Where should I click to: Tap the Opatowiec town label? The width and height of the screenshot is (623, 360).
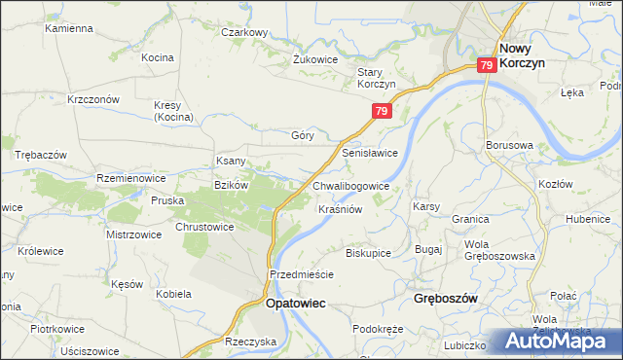click(295, 304)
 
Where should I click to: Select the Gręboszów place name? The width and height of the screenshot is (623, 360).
click(445, 299)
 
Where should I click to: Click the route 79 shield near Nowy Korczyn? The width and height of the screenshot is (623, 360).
click(488, 65)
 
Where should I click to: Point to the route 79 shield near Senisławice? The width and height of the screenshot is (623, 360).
click(381, 113)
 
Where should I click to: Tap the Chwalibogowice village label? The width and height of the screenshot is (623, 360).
click(351, 185)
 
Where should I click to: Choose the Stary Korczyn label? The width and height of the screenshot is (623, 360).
click(376, 78)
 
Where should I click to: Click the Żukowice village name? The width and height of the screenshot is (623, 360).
click(314, 58)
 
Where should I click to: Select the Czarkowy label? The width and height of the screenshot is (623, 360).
click(243, 32)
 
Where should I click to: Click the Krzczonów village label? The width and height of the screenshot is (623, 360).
click(93, 99)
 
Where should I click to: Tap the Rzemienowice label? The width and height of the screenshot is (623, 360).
click(126, 178)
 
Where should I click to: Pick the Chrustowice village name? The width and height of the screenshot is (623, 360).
click(204, 227)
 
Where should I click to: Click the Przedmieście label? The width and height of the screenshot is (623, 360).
click(302, 274)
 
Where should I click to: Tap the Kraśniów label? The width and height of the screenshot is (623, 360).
click(341, 209)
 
